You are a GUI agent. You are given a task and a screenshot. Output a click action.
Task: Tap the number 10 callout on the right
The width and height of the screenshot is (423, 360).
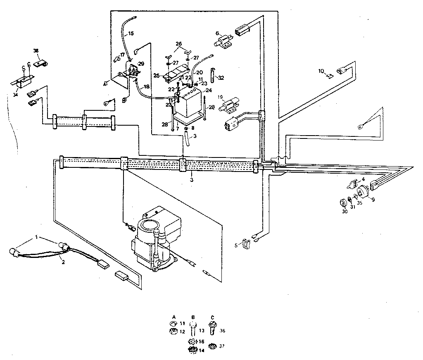pos(321,71)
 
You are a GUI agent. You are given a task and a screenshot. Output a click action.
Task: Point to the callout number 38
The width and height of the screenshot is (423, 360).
pos(36,51)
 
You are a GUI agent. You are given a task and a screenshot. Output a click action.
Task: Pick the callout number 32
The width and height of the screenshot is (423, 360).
pos(221,78)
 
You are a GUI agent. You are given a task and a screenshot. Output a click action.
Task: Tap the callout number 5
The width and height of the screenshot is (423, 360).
pos(236,245)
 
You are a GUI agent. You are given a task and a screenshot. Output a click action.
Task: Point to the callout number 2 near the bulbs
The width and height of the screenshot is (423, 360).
pos(62,261)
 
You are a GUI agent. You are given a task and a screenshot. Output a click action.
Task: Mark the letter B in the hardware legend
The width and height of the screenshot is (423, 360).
pos(193,317)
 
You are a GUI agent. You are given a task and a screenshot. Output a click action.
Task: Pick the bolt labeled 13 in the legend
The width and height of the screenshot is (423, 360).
pos(193,329)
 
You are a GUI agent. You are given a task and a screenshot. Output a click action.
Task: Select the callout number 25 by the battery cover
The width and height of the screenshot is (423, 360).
pos(156,75)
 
